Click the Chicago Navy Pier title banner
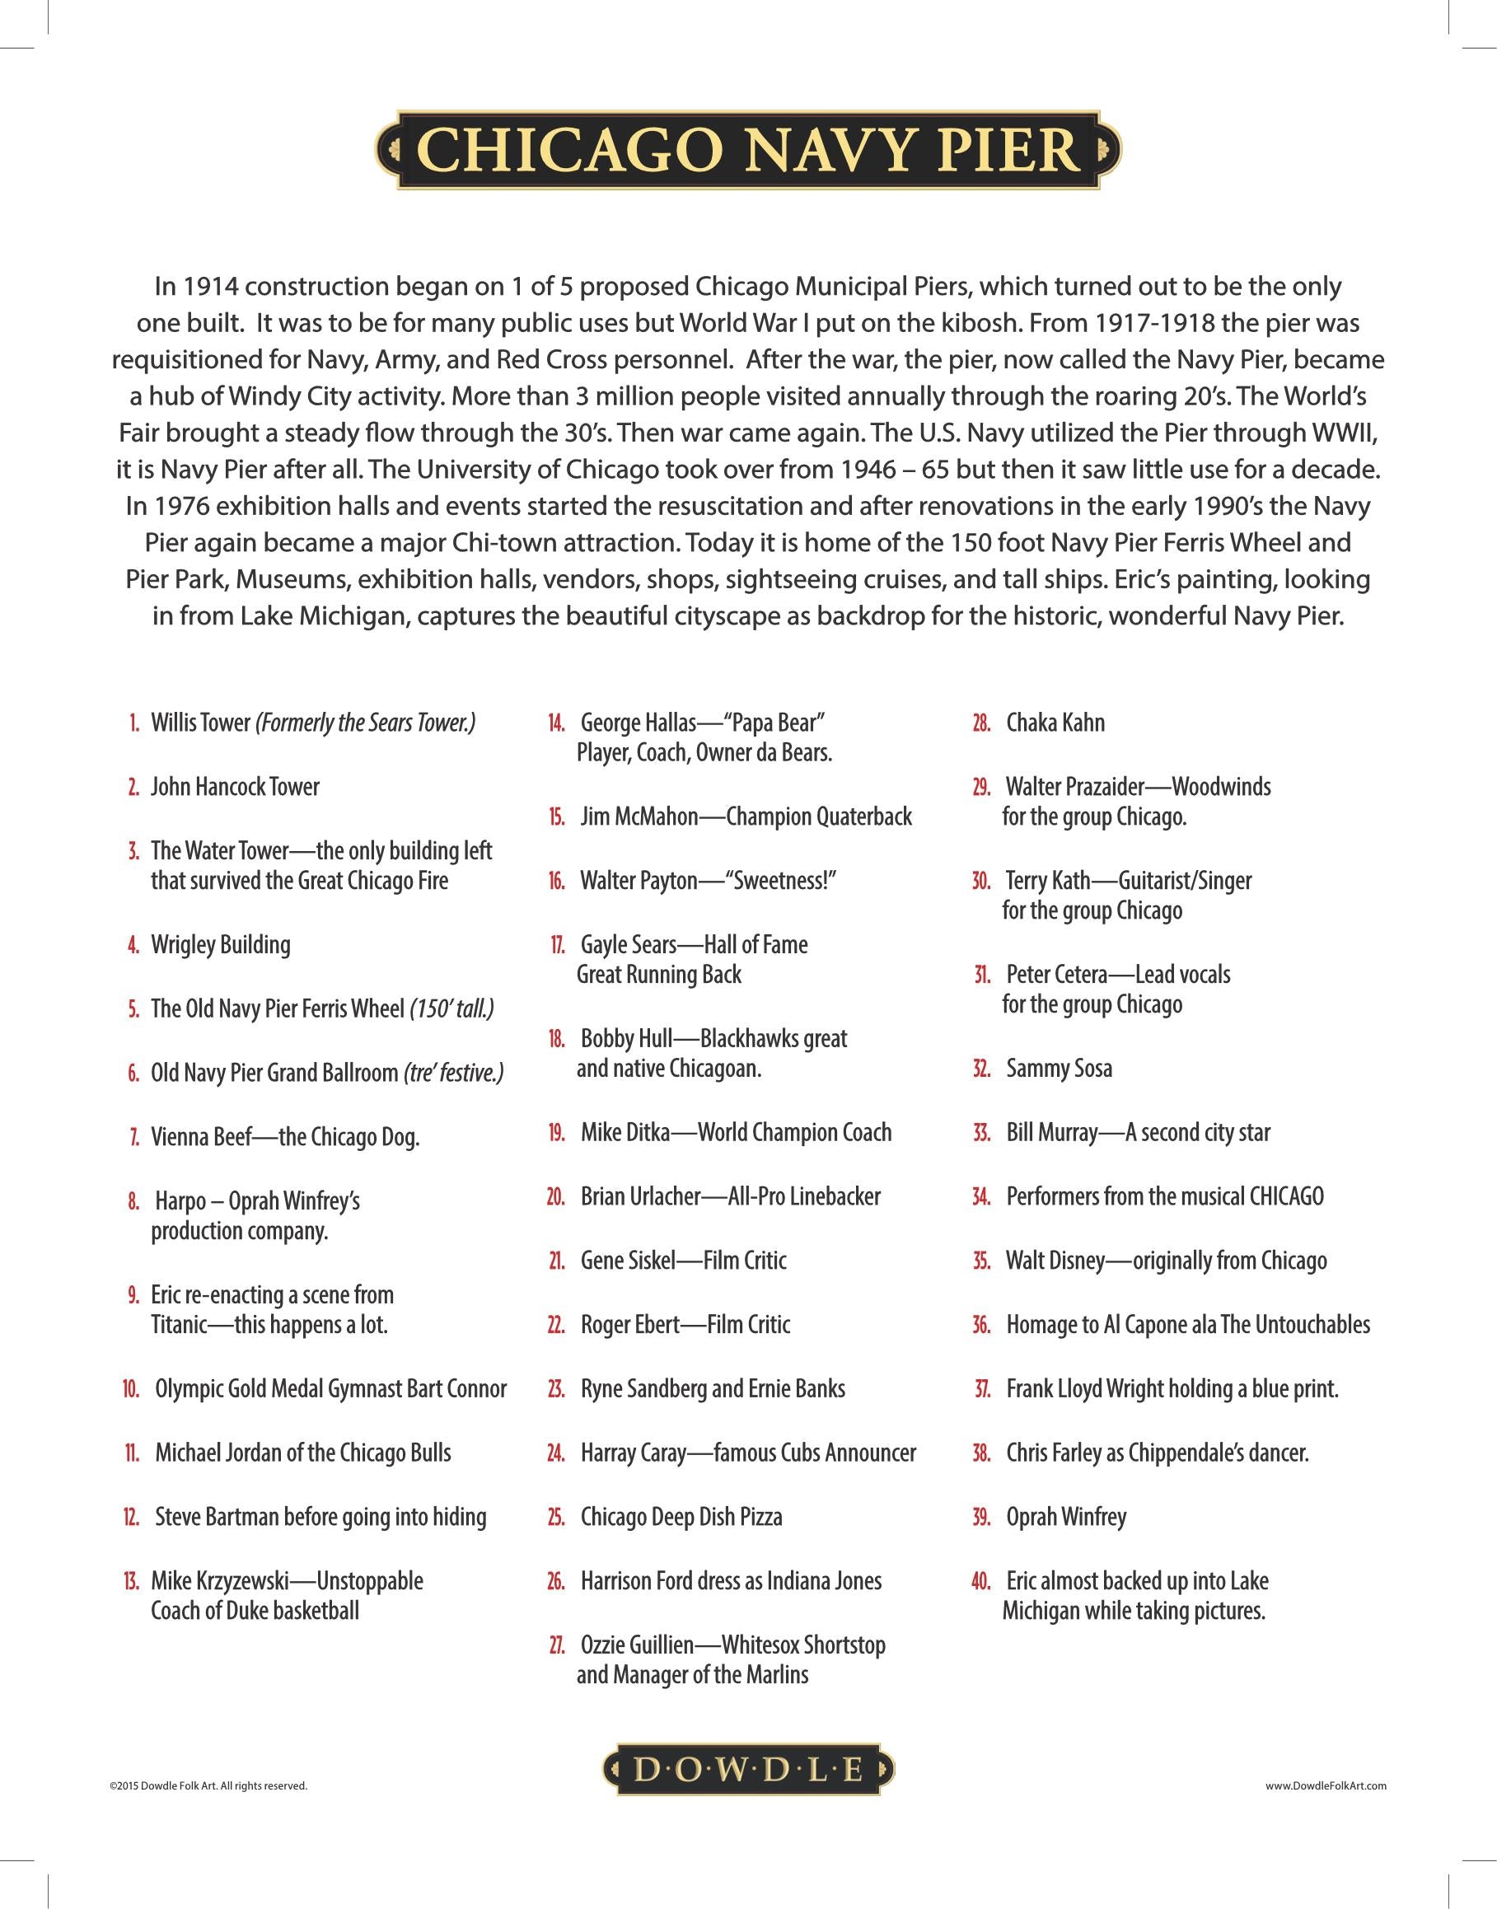(747, 150)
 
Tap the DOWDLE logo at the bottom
(747, 1771)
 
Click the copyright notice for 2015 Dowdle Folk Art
(208, 1785)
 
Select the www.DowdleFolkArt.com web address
(1325, 1785)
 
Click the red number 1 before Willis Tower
(134, 723)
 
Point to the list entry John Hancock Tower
(235, 786)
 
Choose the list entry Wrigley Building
(220, 944)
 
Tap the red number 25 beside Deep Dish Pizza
(555, 1517)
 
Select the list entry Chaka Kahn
(1055, 723)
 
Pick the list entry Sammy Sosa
(1059, 1069)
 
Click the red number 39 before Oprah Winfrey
(980, 1517)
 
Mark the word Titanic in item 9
(179, 1324)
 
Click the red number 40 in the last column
(980, 1581)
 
